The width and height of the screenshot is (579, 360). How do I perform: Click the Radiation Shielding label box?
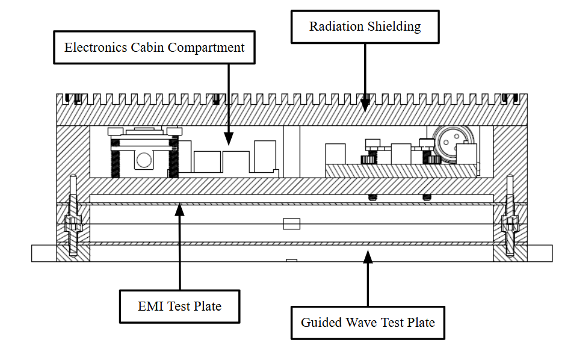tap(365, 27)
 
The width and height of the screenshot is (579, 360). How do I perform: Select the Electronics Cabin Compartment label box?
tap(155, 48)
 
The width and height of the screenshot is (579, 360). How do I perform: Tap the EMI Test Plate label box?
tap(179, 306)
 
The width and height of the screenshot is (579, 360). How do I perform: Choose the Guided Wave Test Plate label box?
tap(367, 323)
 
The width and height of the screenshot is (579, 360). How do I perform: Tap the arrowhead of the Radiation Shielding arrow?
tap(365, 107)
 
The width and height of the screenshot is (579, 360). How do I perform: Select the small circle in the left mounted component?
tap(144, 160)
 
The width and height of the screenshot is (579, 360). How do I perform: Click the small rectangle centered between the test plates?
tap(291, 224)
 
